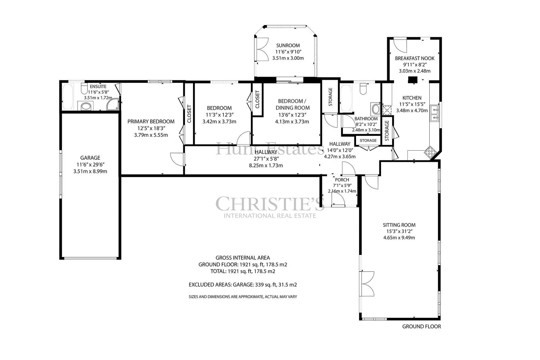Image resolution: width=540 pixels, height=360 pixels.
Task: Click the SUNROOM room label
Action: (x=288, y=45)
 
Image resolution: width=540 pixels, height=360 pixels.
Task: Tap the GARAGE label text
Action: (x=90, y=158)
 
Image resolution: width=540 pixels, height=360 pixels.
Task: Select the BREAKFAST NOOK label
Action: (x=415, y=58)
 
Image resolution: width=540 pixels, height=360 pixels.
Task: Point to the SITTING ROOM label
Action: (x=399, y=225)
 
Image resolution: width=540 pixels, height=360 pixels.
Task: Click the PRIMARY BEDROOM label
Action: (x=151, y=121)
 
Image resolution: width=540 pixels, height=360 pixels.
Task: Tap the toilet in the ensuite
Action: (x=84, y=88)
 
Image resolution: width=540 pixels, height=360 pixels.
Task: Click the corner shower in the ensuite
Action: (x=113, y=104)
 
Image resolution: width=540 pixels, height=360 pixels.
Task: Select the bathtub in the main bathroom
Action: (x=346, y=98)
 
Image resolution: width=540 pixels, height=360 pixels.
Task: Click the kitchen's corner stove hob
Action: (x=430, y=152)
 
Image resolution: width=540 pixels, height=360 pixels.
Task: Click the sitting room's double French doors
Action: (x=367, y=284)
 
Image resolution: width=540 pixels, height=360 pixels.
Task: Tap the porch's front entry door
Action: (x=338, y=200)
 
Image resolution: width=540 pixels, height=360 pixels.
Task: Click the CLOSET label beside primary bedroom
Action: (x=189, y=114)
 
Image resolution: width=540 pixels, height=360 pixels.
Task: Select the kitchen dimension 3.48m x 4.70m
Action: (x=412, y=110)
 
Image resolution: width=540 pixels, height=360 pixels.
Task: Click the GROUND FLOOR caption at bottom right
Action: (x=422, y=327)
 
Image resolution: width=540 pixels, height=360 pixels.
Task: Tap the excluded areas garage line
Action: (x=243, y=285)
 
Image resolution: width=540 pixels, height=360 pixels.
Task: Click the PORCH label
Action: (x=342, y=180)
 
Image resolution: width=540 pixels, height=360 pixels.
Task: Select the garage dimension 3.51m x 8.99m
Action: (x=90, y=171)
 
